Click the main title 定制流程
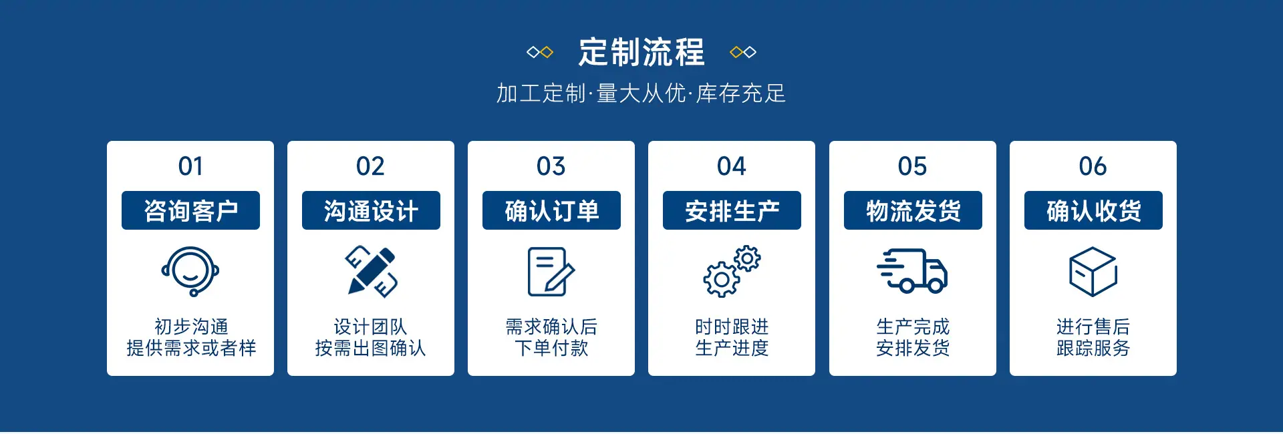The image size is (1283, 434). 641,52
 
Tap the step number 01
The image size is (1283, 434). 190,166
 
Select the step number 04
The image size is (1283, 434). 732,166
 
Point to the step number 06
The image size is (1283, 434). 1093,166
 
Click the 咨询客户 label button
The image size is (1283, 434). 190,210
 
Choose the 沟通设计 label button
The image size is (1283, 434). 371,210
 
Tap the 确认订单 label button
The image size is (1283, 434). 551,210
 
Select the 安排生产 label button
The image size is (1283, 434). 732,210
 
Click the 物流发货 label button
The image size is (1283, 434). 913,210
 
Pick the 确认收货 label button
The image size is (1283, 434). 1093,210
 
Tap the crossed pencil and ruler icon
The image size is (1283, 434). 372,272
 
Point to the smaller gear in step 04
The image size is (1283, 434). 747,258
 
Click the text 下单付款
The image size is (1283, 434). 551,348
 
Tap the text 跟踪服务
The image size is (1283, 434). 1093,348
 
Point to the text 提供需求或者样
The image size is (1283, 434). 191,348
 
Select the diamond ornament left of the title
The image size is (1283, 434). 540,52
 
